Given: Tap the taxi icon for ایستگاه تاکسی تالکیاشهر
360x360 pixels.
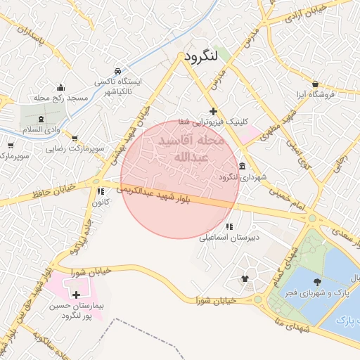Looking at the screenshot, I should point(117,71).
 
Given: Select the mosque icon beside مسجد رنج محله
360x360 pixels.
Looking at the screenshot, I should point(61,88).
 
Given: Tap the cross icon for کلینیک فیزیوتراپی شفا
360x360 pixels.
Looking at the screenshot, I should point(213,112).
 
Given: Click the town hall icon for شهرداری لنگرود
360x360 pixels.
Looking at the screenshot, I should point(242,167).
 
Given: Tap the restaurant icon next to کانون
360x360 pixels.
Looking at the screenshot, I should point(100,191).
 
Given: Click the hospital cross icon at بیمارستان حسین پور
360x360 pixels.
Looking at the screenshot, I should point(76,295).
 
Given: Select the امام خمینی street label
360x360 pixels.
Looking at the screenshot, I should point(292,195).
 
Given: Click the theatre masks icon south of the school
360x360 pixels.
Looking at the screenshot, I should point(245,278).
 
